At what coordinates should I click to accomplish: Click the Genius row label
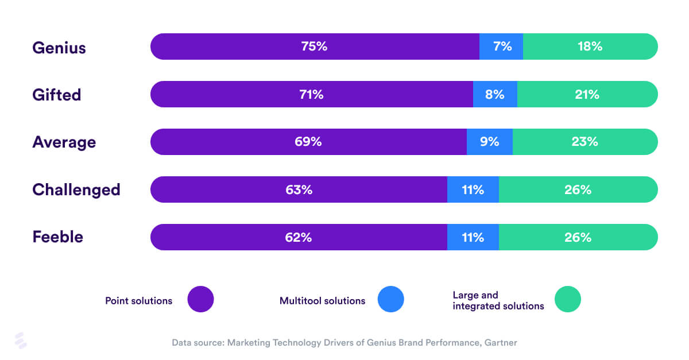59,47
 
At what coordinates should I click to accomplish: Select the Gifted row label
56,95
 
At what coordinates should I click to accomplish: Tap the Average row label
64,142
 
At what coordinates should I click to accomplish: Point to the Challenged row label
76,189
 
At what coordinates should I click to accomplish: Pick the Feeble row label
57,237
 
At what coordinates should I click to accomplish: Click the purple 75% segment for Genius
314,47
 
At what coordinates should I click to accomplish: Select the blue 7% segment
501,47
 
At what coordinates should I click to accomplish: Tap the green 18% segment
590,47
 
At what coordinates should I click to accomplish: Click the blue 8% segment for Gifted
495,94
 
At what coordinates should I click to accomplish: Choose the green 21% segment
587,94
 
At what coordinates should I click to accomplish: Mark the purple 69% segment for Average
308,142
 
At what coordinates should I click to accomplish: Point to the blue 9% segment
490,142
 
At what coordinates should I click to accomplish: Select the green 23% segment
585,142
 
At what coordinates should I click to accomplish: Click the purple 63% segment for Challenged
299,189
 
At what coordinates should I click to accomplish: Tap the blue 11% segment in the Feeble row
473,237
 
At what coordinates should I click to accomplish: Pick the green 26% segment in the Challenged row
578,189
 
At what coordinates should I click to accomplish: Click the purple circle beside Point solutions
200,299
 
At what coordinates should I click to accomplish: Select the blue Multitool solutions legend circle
391,299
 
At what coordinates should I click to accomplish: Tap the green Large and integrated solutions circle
568,299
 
